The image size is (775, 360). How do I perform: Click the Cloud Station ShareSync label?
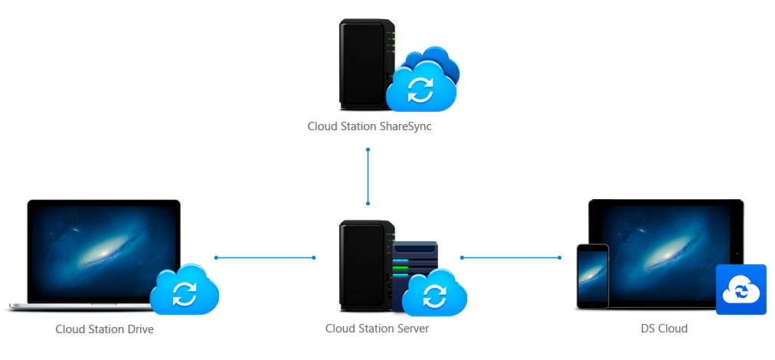(369, 126)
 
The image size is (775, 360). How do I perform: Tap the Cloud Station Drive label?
(104, 329)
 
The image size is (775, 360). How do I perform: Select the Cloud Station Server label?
(377, 329)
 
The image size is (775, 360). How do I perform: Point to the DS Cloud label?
(664, 329)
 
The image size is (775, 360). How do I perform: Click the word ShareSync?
(405, 126)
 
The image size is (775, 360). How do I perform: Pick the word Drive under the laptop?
(139, 329)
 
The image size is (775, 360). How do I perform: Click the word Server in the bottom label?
(412, 329)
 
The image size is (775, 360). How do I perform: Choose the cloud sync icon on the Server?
(434, 294)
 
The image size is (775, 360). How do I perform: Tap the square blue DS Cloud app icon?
(741, 290)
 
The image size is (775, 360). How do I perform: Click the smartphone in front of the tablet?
(592, 277)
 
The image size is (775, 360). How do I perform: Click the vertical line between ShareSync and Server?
(368, 176)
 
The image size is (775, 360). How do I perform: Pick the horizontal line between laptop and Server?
(265, 257)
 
